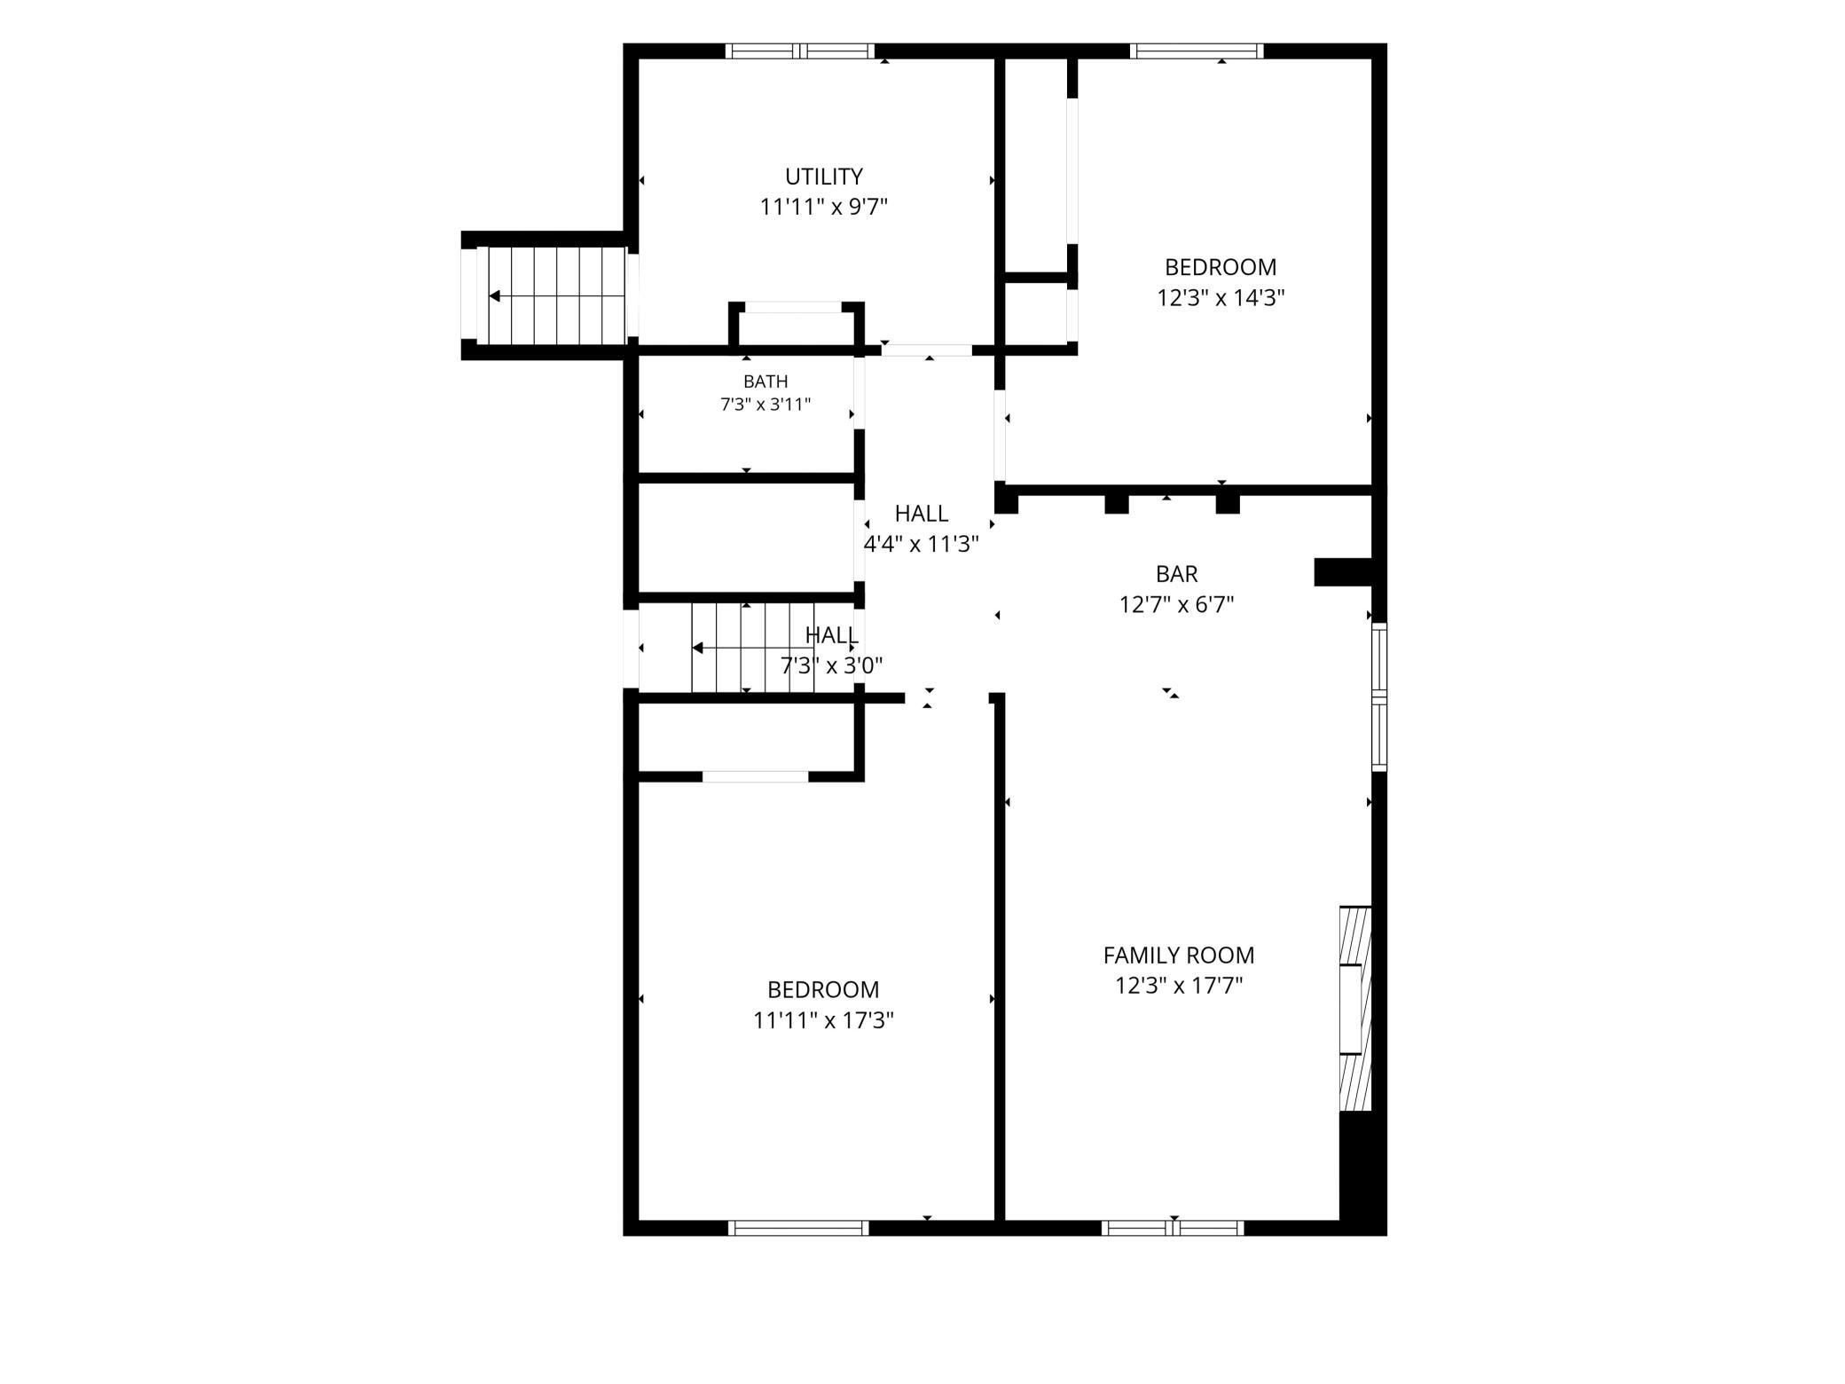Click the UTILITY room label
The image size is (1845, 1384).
(823, 177)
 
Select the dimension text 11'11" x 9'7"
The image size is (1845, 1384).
(823, 207)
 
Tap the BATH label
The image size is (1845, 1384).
(765, 381)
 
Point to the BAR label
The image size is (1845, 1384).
(1177, 574)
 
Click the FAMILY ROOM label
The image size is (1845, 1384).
(1179, 955)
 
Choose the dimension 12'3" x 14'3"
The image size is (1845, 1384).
(1221, 297)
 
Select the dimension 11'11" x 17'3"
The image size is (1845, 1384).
(823, 1020)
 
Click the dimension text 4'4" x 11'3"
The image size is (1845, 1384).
(922, 544)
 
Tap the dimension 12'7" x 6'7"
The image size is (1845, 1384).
(1177, 604)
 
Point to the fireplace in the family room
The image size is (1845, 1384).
(1355, 1008)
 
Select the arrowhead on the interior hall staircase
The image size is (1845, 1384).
(697, 648)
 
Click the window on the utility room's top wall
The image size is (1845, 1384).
(800, 51)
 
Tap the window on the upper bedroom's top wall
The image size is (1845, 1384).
(1197, 51)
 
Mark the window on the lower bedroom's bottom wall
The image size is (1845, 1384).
(798, 1228)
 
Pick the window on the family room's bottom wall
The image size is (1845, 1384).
(1173, 1228)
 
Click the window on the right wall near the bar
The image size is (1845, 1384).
(1379, 696)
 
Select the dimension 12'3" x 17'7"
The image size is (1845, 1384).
(1179, 986)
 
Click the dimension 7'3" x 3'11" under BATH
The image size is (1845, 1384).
(765, 405)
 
